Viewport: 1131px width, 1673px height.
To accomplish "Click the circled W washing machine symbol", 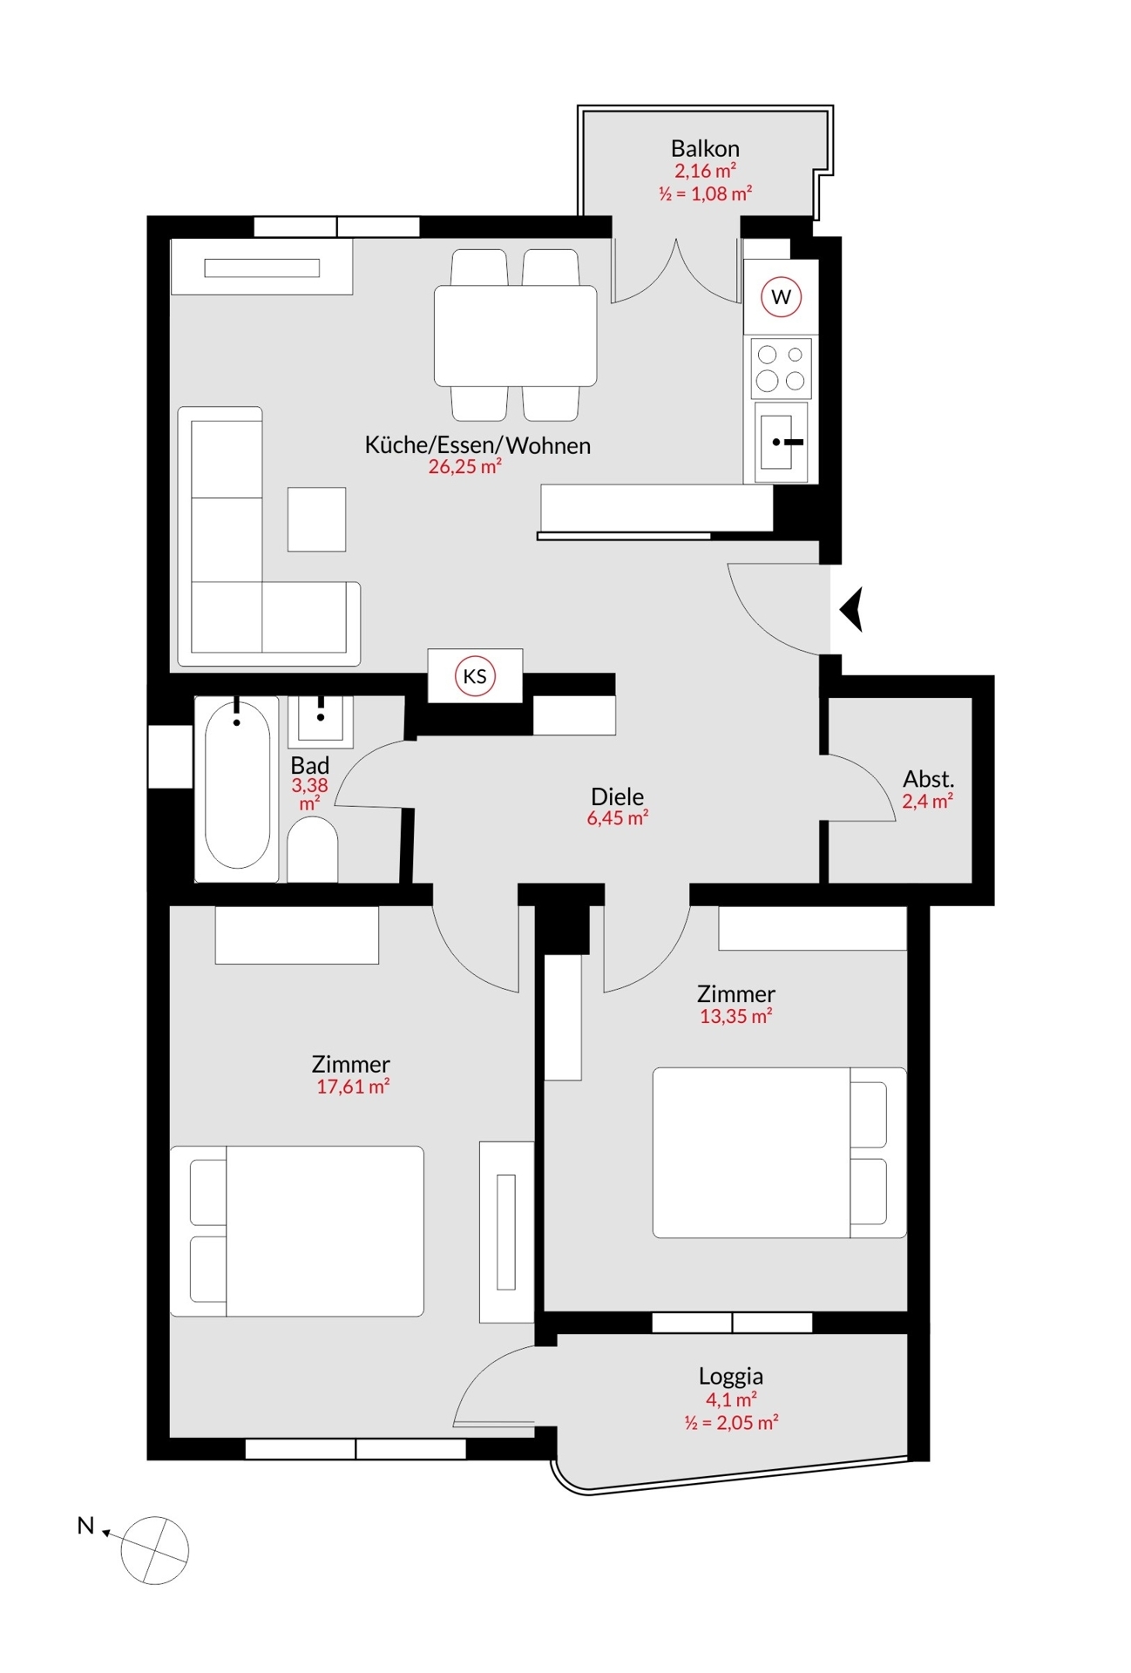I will click(781, 296).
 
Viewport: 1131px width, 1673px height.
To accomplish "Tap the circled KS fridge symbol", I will click(475, 676).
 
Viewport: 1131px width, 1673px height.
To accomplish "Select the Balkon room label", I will click(705, 148).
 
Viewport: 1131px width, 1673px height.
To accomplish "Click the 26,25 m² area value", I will click(464, 467).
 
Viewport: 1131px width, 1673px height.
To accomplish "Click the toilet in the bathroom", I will click(312, 850).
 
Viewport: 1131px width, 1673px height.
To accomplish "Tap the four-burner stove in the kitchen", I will click(781, 368).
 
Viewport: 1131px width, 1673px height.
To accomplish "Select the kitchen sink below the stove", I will click(781, 442).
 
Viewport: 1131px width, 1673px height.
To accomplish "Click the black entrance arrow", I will click(852, 609).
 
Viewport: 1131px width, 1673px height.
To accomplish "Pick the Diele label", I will click(617, 796).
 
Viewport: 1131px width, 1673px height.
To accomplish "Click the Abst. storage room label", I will click(928, 779).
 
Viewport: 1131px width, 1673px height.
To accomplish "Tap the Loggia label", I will click(730, 1377).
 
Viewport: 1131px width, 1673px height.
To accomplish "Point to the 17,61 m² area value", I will click(352, 1087).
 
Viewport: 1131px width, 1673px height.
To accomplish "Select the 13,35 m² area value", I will click(735, 1016).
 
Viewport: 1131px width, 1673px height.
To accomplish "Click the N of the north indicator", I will click(85, 1526).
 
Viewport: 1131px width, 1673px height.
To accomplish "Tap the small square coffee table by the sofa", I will click(316, 519).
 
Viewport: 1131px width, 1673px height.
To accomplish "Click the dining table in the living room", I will click(515, 335).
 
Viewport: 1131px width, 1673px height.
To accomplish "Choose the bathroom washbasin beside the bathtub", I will click(321, 720).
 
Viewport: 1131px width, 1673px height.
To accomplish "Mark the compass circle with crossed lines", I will click(154, 1551).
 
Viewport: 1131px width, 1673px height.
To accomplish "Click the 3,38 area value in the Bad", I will click(309, 785).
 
